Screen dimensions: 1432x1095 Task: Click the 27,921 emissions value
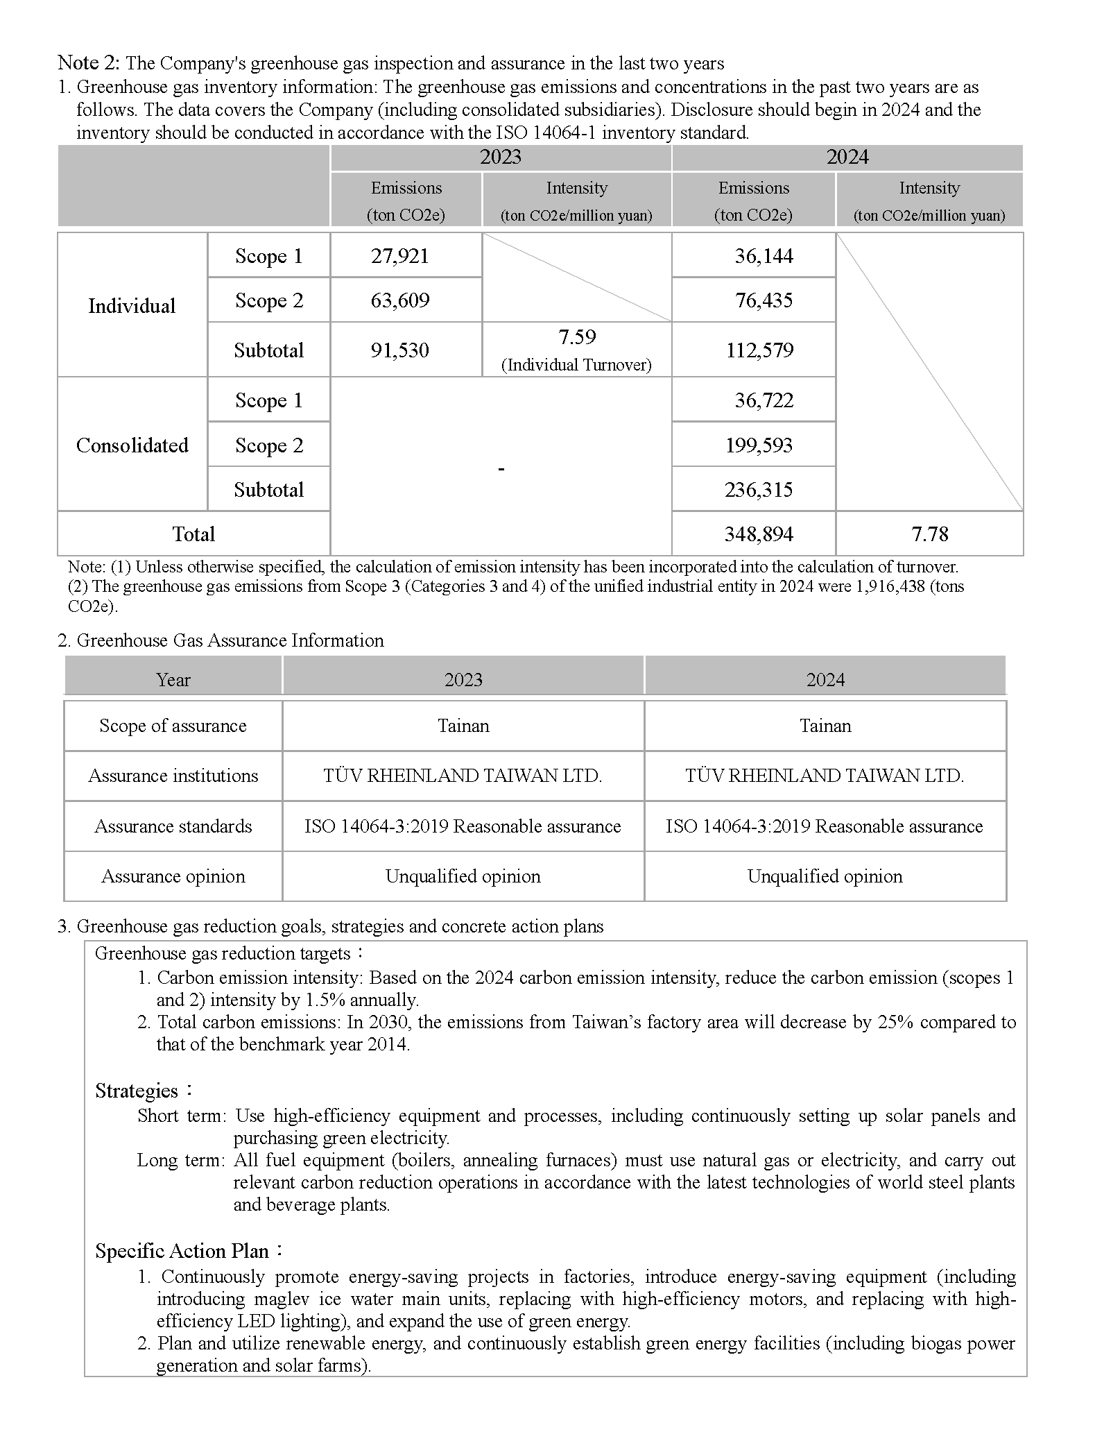pyautogui.click(x=400, y=256)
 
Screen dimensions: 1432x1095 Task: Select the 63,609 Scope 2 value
pyautogui.click(x=400, y=300)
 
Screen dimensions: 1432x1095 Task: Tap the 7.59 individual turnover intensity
pyautogui.click(x=577, y=337)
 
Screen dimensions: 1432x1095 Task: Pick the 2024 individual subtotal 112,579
pyautogui.click(x=759, y=350)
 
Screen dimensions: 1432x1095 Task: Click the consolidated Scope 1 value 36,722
pyautogui.click(x=764, y=400)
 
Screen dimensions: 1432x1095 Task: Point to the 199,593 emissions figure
pyautogui.click(x=759, y=445)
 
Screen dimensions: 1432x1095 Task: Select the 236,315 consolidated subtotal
pyautogui.click(x=759, y=490)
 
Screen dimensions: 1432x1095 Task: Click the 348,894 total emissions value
pyautogui.click(x=759, y=534)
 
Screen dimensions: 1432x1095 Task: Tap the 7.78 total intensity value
pyautogui.click(x=929, y=534)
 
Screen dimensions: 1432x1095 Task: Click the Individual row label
pyautogui.click(x=132, y=306)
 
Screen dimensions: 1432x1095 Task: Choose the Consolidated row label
pyautogui.click(x=132, y=445)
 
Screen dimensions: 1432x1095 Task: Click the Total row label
pyautogui.click(x=193, y=534)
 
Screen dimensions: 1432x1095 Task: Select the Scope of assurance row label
pyautogui.click(x=173, y=726)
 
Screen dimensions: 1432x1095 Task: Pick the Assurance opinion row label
pyautogui.click(x=173, y=876)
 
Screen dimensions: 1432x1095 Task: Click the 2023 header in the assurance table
pyautogui.click(x=463, y=679)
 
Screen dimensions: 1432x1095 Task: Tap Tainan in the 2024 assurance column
pyautogui.click(x=825, y=726)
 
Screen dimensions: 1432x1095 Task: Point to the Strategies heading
pyautogui.click(x=137, y=1091)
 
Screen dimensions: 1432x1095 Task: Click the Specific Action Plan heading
pyautogui.click(x=182, y=1251)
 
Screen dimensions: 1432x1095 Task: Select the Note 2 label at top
pyautogui.click(x=89, y=63)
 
